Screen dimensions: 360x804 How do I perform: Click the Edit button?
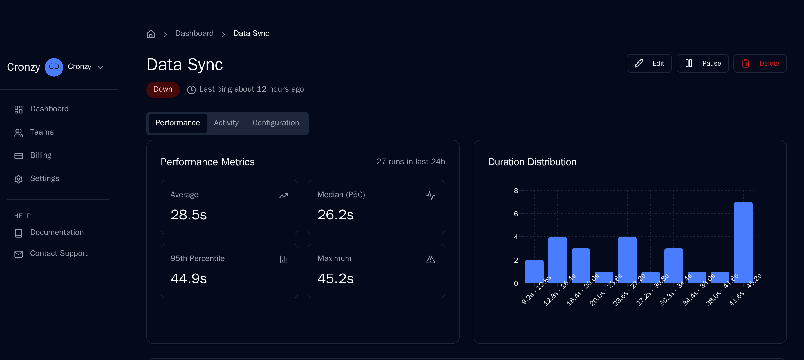click(649, 63)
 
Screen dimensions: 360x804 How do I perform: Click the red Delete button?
click(760, 63)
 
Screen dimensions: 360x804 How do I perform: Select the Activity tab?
click(226, 123)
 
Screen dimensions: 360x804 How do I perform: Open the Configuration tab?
click(276, 123)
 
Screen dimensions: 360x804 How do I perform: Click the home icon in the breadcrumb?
click(151, 34)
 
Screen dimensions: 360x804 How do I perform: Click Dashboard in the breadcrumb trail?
click(194, 33)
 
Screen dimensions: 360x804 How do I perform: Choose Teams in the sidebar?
click(41, 132)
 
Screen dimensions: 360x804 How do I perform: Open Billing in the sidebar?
click(41, 155)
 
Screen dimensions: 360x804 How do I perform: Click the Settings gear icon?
click(19, 179)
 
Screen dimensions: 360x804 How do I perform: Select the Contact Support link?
click(58, 253)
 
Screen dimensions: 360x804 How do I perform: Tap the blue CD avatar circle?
click(54, 67)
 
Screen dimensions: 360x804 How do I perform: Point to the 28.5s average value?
click(189, 215)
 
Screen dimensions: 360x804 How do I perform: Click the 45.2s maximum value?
click(335, 278)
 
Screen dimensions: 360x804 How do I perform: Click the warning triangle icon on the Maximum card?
click(430, 259)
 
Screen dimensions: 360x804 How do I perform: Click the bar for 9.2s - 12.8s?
click(534, 272)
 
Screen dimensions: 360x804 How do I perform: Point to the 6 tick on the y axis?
click(516, 214)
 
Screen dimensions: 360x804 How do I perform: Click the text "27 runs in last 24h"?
click(411, 162)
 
